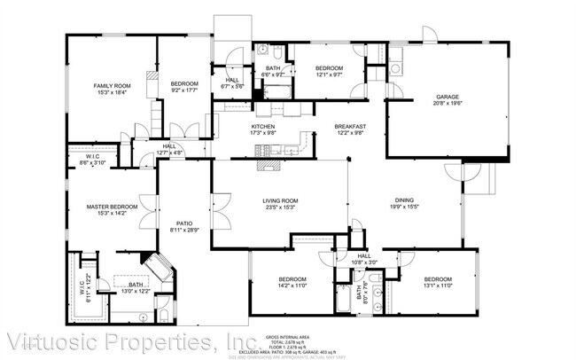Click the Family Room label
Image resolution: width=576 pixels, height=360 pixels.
[x=112, y=86]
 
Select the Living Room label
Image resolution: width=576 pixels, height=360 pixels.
[x=280, y=201]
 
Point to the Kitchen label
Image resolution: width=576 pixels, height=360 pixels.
[x=263, y=127]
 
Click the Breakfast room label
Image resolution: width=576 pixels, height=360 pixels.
[x=350, y=127]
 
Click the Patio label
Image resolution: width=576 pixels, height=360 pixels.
[x=184, y=223]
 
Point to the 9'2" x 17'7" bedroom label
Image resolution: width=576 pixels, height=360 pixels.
[x=185, y=84]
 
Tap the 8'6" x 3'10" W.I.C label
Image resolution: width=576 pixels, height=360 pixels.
[x=93, y=160]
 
